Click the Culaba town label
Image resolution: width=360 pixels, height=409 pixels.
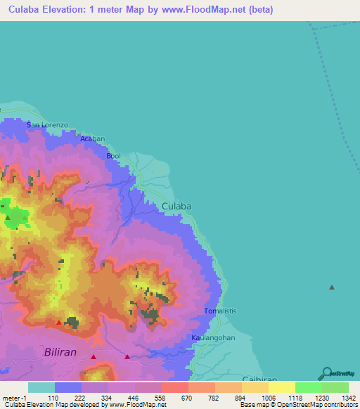tap(176, 206)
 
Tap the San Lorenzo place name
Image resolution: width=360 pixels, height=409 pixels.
tap(47, 125)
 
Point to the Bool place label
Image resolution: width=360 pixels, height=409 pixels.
tap(113, 156)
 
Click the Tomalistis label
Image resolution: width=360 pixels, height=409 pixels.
tap(220, 311)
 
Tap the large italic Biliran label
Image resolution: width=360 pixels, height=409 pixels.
tap(65, 351)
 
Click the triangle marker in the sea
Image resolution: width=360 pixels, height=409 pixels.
tap(332, 287)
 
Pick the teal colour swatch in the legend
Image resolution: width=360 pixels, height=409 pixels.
tap(41, 387)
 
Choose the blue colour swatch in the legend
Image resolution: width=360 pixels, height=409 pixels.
tap(67, 387)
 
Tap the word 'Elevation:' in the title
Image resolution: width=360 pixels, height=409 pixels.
tap(70, 10)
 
